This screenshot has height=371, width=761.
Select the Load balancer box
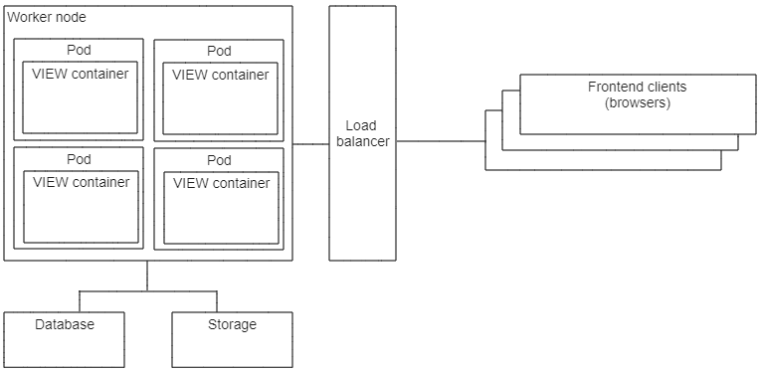(x=362, y=199)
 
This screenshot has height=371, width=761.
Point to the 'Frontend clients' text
(x=637, y=87)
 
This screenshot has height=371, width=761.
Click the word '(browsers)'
(x=637, y=102)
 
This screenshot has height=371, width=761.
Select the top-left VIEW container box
(x=81, y=104)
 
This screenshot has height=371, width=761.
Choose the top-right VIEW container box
(x=220, y=104)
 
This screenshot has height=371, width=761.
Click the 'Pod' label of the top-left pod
(x=79, y=51)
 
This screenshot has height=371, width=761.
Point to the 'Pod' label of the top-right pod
(x=219, y=51)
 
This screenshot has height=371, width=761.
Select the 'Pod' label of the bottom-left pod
(x=79, y=159)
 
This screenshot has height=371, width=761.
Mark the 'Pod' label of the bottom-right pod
(x=219, y=160)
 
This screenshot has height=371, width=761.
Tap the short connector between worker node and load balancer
(x=310, y=144)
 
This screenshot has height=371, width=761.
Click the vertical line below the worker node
(x=147, y=276)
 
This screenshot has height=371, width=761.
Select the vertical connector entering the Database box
(x=80, y=301)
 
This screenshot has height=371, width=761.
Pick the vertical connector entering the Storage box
(x=216, y=301)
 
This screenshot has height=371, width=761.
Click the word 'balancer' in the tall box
(x=362, y=141)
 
